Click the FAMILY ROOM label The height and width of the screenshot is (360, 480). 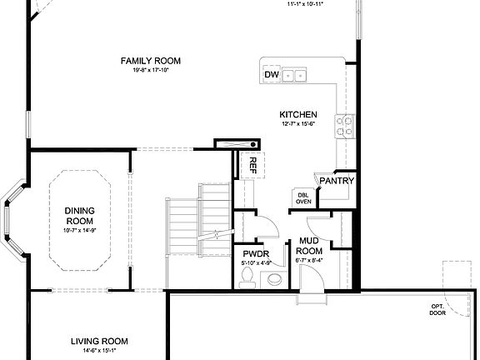point(151,61)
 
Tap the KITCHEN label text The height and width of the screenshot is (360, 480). point(297,114)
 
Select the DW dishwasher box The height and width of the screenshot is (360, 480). point(270,75)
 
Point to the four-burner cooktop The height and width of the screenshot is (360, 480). point(345,126)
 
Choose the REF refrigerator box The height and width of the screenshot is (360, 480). point(249,164)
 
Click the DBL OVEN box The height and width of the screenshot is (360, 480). point(303,197)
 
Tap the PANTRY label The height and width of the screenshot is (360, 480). point(337,181)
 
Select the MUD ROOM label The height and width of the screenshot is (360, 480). point(309,246)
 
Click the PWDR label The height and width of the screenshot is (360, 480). point(253,254)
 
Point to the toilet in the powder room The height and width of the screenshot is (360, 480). point(246,282)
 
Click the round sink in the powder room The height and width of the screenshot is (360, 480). point(273,281)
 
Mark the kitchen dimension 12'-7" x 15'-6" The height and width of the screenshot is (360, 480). point(297,124)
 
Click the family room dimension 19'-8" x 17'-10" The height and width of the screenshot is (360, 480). point(151,71)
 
